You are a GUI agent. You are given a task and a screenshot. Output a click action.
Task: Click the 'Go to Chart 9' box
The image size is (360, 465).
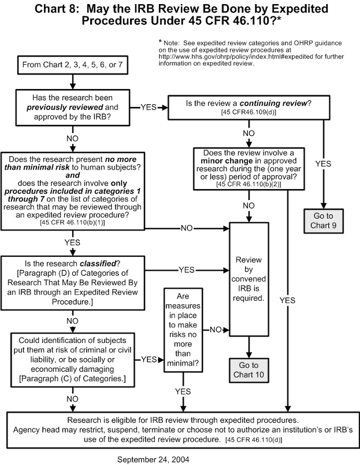324,220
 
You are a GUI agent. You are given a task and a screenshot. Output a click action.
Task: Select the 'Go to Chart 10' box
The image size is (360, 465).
249,371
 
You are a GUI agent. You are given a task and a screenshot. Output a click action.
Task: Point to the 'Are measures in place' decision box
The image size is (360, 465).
184,330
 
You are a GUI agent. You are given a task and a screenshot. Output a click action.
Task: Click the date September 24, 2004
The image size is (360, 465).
153,459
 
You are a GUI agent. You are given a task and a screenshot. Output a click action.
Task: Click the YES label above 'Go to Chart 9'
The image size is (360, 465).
324,164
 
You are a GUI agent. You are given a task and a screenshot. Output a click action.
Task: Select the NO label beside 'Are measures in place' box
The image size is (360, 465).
214,330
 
